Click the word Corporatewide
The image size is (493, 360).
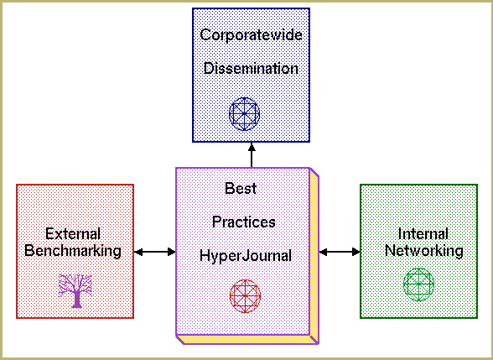click(x=251, y=34)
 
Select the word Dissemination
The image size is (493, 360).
click(x=251, y=68)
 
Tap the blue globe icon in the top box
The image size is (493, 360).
click(x=244, y=114)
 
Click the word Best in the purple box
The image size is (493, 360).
click(x=241, y=189)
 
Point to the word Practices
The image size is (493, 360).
click(x=244, y=222)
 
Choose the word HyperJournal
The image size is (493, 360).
click(x=246, y=256)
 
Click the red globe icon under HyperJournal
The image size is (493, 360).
click(x=245, y=296)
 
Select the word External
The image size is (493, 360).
click(x=73, y=234)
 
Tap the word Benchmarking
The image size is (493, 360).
click(x=73, y=251)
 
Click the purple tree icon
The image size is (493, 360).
click(x=75, y=291)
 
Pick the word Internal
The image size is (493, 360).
click(x=423, y=234)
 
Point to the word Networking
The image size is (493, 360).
click(x=424, y=251)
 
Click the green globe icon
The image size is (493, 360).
click(x=419, y=284)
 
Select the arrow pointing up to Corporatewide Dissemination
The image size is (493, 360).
click(x=252, y=154)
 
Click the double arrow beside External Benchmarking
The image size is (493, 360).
click(x=154, y=252)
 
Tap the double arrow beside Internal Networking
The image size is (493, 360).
click(x=340, y=252)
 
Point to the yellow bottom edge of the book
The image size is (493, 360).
click(x=247, y=340)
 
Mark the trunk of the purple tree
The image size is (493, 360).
click(x=76, y=299)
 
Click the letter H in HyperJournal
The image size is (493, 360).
click(x=205, y=255)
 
